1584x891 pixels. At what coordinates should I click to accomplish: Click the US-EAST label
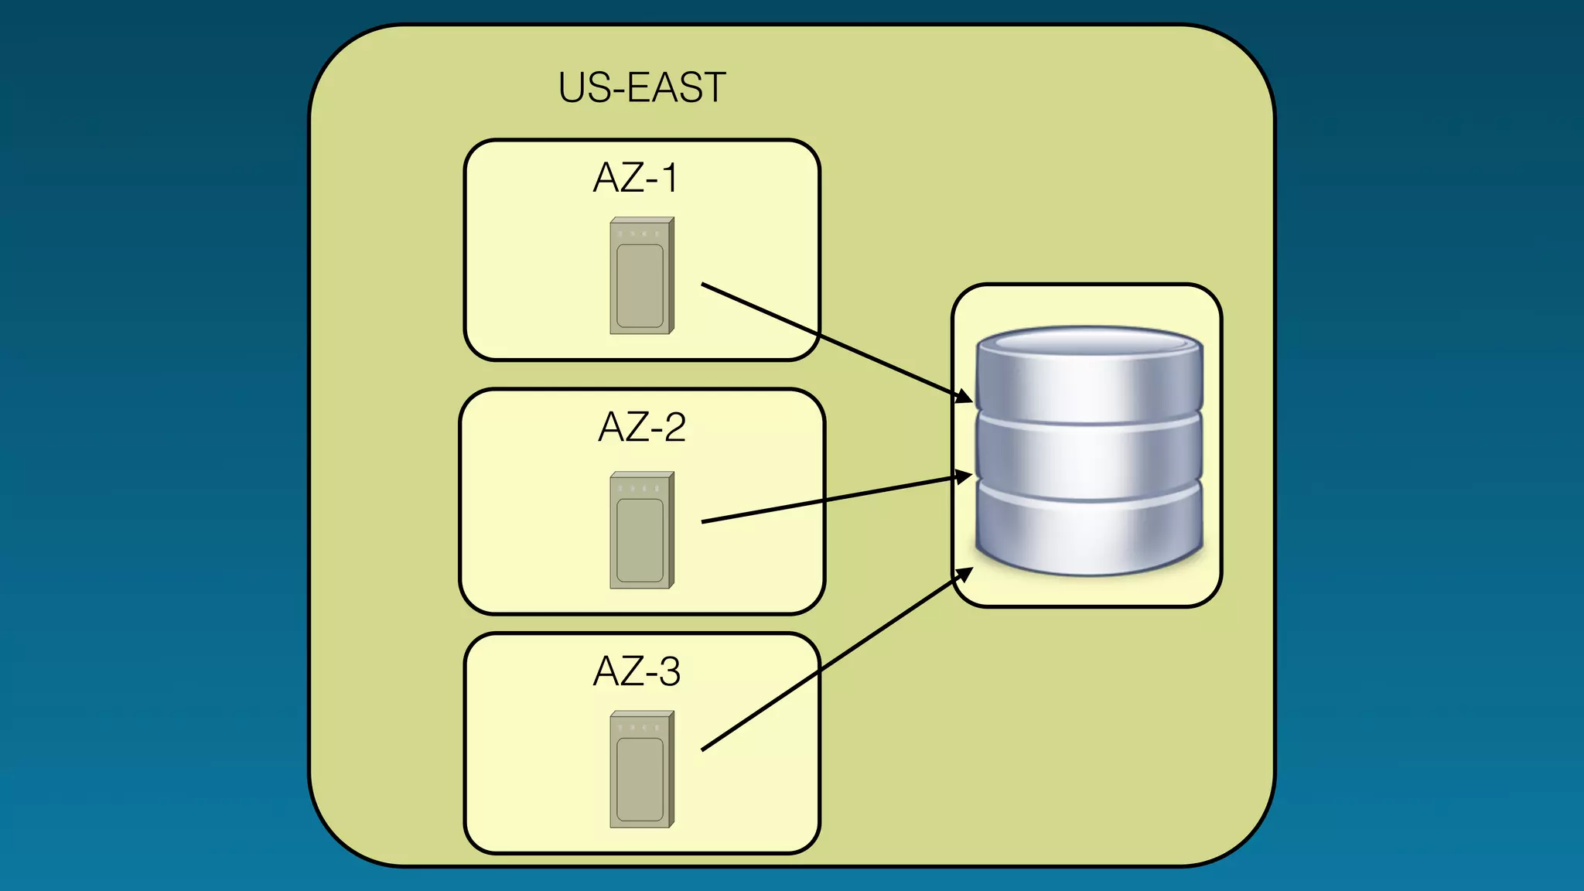tap(641, 87)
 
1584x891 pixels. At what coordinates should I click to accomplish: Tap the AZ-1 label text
tap(635, 178)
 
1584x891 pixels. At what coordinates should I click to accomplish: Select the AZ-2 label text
tap(641, 427)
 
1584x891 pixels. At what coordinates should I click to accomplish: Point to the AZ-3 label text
tap(636, 671)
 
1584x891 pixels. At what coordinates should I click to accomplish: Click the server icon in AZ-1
tap(641, 276)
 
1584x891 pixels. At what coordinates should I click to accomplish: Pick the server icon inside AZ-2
tap(641, 531)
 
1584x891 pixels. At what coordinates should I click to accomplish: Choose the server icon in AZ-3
tap(641, 770)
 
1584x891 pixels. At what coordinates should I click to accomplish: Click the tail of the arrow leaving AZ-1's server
tap(704, 285)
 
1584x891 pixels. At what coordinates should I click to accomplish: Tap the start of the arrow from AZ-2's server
tap(704, 522)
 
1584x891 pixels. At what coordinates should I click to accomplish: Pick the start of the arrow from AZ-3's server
tap(704, 749)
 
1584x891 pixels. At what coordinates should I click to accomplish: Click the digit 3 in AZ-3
tap(669, 671)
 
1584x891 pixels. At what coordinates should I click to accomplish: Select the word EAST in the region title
tap(676, 87)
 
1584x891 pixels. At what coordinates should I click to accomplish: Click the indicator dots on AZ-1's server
tap(639, 233)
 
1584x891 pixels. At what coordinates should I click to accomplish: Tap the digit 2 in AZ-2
tap(674, 427)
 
